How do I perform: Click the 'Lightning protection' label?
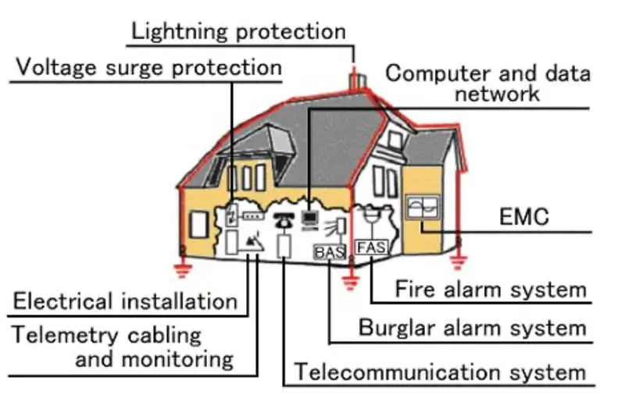238,31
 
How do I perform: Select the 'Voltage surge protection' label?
148,67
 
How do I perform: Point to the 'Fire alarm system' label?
491,290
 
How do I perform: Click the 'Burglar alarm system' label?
472,328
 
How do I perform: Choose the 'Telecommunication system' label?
439,372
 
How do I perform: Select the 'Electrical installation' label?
125,301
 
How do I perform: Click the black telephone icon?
283,219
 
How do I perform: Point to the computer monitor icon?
310,217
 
